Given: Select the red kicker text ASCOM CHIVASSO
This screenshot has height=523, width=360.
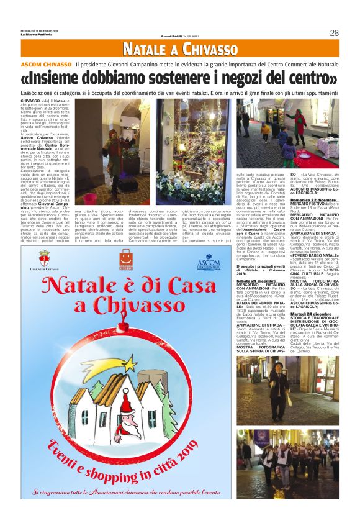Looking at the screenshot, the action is [46, 65].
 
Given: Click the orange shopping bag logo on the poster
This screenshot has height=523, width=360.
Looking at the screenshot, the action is [126, 255].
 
